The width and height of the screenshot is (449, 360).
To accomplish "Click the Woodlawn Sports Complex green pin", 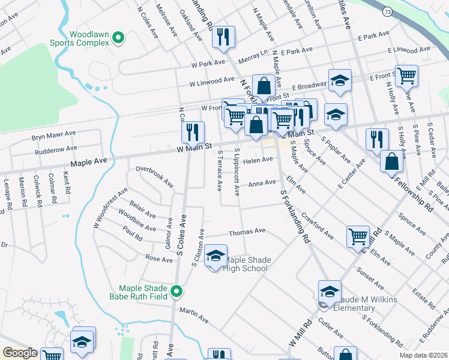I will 118,38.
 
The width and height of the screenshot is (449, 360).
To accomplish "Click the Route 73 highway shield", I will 387,11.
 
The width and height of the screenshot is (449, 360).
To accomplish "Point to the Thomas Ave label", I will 247,231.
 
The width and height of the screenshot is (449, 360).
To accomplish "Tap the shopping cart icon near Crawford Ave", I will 358,236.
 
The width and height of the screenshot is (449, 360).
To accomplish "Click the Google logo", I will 20,353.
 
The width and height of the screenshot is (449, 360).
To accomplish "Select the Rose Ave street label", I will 159,258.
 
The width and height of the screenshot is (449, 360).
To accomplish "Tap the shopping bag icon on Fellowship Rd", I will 391,161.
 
